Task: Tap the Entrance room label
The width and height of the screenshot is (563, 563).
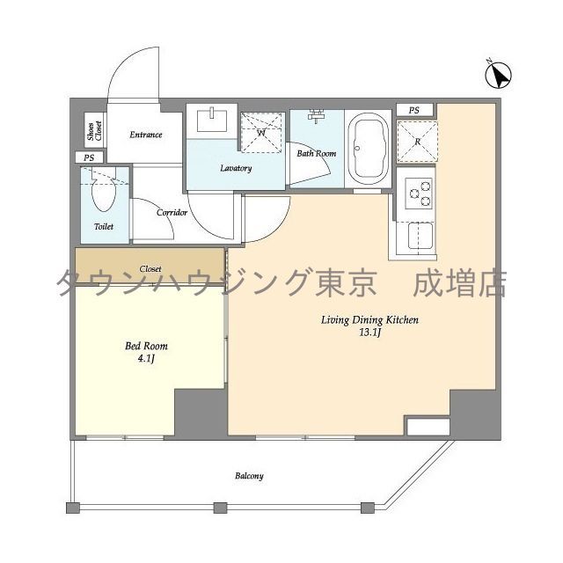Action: click(x=145, y=135)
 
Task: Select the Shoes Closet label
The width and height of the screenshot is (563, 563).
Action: click(x=91, y=132)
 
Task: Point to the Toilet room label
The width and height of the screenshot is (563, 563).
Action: click(x=103, y=226)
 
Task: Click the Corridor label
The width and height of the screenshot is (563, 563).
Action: click(x=172, y=213)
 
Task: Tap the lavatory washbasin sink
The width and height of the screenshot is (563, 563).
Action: click(x=212, y=120)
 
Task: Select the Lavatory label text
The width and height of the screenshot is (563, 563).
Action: click(x=236, y=168)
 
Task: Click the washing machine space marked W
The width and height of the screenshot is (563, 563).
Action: click(x=261, y=134)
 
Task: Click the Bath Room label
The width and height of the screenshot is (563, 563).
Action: click(x=316, y=153)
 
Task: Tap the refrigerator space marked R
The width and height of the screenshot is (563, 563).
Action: click(x=417, y=141)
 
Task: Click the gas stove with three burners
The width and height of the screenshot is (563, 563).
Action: click(x=419, y=193)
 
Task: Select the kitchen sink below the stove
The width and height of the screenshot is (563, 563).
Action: click(x=418, y=236)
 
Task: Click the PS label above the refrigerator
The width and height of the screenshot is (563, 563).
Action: click(x=414, y=110)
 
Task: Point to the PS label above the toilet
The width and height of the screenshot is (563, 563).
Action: click(x=88, y=157)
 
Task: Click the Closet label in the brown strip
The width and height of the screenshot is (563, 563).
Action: click(x=150, y=268)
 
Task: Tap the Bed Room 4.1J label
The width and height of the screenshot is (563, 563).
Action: click(x=146, y=352)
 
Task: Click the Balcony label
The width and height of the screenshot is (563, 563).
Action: click(x=249, y=476)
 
